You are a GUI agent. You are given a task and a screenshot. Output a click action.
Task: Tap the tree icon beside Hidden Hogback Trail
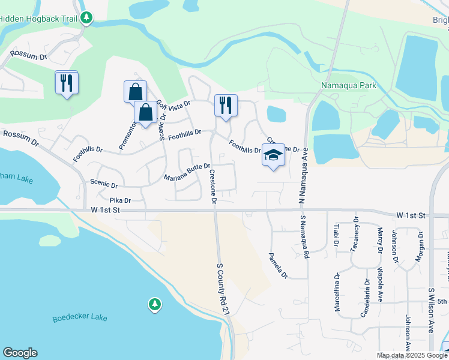(x=87, y=18)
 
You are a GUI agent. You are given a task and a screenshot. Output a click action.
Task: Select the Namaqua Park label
(x=348, y=86)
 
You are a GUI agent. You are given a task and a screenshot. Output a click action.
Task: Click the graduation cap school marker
(x=273, y=155)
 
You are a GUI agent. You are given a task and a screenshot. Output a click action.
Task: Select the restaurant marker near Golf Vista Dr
(x=226, y=106)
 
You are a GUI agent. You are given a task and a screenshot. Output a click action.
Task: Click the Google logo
(x=20, y=353)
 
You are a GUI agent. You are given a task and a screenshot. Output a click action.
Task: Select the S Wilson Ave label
(x=432, y=310)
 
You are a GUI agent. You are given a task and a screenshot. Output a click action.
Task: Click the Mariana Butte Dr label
(x=187, y=172)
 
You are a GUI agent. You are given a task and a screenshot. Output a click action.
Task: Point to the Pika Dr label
(x=120, y=200)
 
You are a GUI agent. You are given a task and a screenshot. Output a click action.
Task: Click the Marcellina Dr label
(x=337, y=292)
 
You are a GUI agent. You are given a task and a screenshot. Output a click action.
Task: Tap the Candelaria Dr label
(x=367, y=297)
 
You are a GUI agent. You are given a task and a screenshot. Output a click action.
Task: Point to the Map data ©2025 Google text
(x=411, y=355)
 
